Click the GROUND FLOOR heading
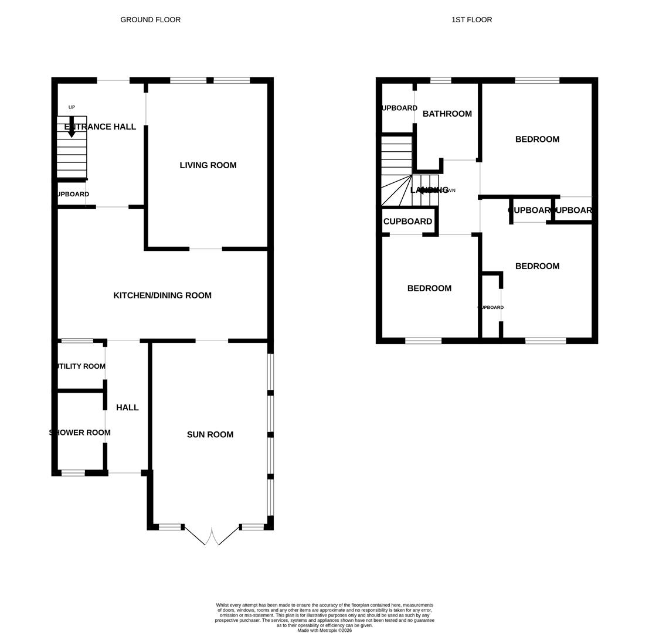coord(150,20)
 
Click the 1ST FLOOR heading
coord(471,20)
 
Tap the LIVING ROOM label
coord(208,165)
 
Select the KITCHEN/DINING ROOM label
coord(162,295)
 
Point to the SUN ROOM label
coord(210,434)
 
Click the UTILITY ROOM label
coord(80,366)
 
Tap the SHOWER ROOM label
coord(80,433)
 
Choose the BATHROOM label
coord(447,114)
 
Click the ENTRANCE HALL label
coord(100,127)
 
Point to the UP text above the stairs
coord(72,107)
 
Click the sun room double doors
coord(212,536)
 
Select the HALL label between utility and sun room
coord(127,407)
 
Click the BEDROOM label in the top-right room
coord(537,139)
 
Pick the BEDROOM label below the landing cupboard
coord(429,288)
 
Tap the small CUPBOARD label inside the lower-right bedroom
coord(491,307)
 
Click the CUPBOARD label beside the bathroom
coord(399,108)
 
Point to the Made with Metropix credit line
coord(324,630)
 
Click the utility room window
coord(77,341)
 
